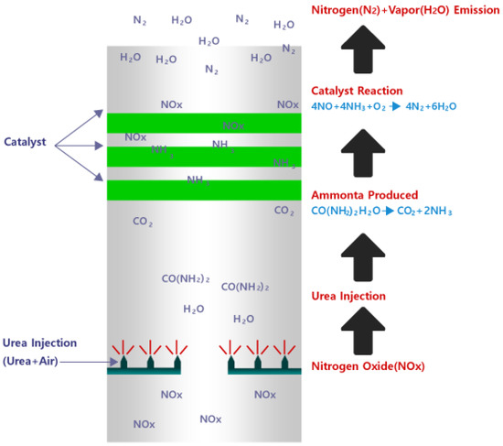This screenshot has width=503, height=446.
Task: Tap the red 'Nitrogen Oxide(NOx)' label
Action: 369,367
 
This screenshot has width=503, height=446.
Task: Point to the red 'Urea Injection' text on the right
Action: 349,297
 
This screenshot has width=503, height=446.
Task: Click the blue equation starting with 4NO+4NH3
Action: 383,107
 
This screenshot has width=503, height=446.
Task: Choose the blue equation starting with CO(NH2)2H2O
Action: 382,212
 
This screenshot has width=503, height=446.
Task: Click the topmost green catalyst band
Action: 203,123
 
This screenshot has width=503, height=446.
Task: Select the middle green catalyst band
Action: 203,157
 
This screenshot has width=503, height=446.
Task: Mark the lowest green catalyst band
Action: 203,190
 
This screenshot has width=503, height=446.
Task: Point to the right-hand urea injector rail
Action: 263,369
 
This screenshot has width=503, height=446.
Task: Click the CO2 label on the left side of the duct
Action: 142,222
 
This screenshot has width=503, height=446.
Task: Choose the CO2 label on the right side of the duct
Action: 284,211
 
